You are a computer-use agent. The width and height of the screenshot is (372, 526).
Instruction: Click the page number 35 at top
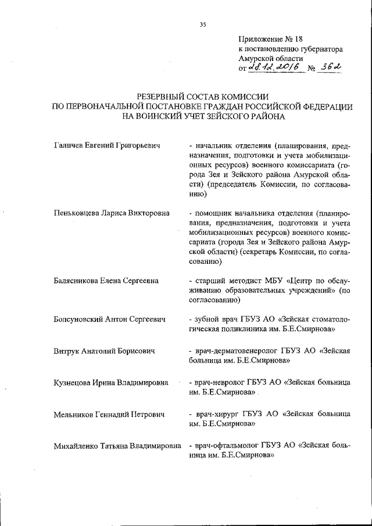pos(203,24)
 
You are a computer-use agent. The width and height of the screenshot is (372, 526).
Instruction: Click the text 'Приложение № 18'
pos(270,40)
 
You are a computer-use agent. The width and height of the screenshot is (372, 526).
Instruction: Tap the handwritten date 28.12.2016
pos(274,69)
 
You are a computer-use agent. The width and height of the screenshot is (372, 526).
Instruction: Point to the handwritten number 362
pos(330,69)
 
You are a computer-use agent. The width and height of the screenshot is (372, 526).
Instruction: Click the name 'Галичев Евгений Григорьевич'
pos(106,144)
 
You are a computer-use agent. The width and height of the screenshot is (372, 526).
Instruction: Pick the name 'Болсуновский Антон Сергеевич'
pos(109,319)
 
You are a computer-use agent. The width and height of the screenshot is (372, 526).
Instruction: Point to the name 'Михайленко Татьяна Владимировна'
pos(117,446)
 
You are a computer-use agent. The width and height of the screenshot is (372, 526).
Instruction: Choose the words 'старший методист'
pos(226,281)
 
